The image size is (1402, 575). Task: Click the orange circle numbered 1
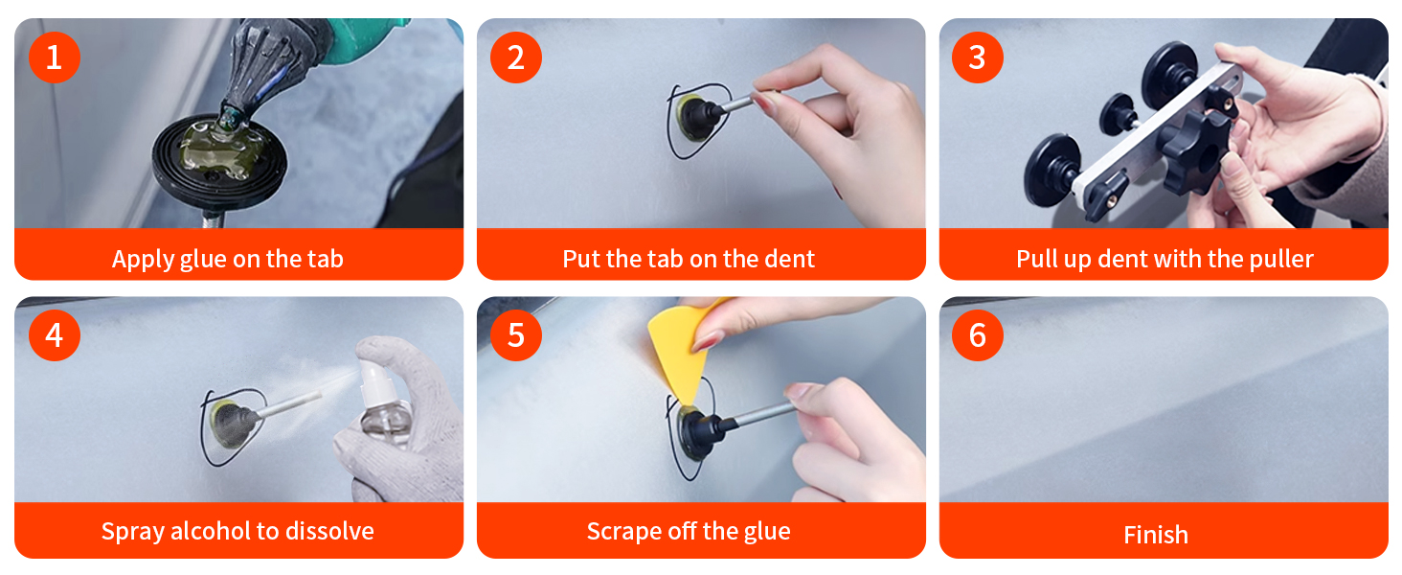pos(55,57)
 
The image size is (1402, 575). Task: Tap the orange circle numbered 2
pos(516,57)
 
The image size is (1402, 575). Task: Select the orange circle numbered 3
pos(978,57)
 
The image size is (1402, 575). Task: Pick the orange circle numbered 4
pos(55,335)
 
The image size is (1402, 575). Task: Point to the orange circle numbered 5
pos(516,335)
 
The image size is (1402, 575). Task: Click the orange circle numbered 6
pos(978,335)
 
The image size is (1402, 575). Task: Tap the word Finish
pos(1155,535)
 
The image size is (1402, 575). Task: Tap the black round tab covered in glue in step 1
pos(219,156)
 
